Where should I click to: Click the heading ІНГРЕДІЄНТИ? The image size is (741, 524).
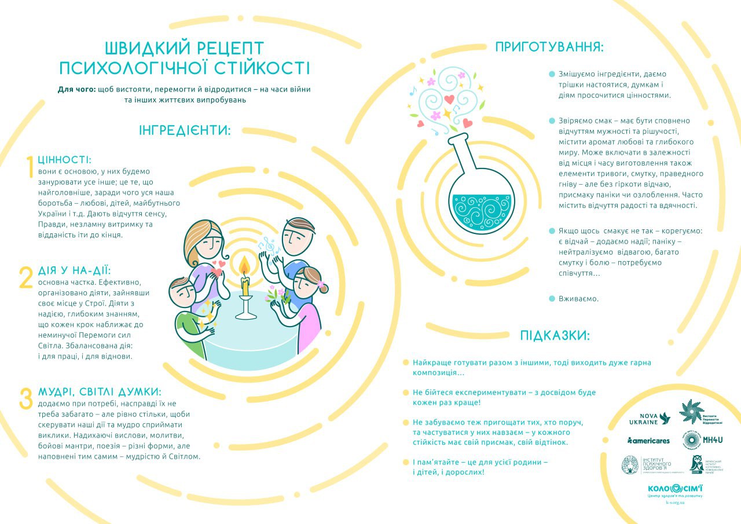[185, 130]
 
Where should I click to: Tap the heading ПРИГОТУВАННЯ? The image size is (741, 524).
[549, 47]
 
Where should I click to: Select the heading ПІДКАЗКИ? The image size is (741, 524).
[555, 335]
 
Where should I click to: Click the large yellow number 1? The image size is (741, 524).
[30, 168]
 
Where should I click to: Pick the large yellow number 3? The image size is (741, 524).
[26, 399]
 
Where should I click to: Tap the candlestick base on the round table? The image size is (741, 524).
[245, 314]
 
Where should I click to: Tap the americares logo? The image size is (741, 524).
[648, 441]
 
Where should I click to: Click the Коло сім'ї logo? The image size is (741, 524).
[675, 489]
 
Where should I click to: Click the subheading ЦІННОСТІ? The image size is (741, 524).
[65, 159]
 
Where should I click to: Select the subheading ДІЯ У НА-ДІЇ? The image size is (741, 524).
[74, 270]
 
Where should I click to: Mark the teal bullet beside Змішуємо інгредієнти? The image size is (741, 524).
[552, 74]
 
